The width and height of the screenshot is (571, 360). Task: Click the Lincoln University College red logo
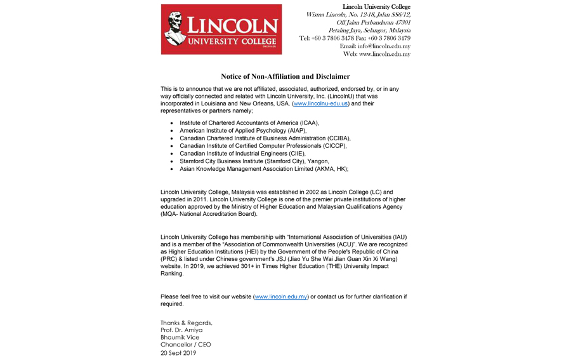pos(221,29)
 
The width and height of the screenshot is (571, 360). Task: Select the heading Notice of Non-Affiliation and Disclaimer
pos(285,76)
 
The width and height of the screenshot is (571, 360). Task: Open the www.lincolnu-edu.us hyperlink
pos(320,103)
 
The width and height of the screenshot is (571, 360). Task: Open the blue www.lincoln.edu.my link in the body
pos(280,297)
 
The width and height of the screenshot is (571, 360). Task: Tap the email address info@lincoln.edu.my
pos(384,46)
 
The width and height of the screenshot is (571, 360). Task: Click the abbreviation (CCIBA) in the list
pos(336,138)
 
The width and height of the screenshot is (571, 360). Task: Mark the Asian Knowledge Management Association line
pos(264,169)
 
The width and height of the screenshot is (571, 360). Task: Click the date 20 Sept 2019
pos(178,353)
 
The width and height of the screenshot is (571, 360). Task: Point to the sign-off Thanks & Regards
pos(186,323)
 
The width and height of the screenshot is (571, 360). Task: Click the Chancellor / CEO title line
pos(185,345)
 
